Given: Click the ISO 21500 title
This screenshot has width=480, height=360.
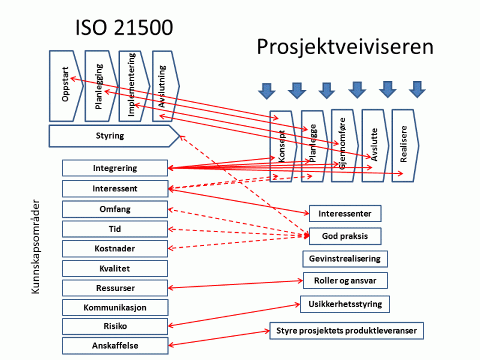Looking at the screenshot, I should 124,28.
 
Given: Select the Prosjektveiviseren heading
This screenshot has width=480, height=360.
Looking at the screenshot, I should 345,47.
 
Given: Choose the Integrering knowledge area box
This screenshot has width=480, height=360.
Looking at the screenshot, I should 115,168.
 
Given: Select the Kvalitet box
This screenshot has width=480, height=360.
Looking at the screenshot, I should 115,268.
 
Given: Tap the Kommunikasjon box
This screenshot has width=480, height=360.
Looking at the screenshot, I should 115,308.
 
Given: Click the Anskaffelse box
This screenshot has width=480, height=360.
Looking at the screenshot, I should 115,346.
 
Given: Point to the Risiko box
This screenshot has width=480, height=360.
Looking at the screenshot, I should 115,326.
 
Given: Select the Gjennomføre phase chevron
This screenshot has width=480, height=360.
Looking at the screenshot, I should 344,145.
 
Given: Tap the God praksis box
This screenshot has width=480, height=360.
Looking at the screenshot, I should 345,236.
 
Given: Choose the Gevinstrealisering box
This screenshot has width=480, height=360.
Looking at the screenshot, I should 345,259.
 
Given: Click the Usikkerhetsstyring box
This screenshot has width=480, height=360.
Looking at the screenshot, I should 345,304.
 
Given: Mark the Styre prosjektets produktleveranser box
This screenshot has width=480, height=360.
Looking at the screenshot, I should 347,331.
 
